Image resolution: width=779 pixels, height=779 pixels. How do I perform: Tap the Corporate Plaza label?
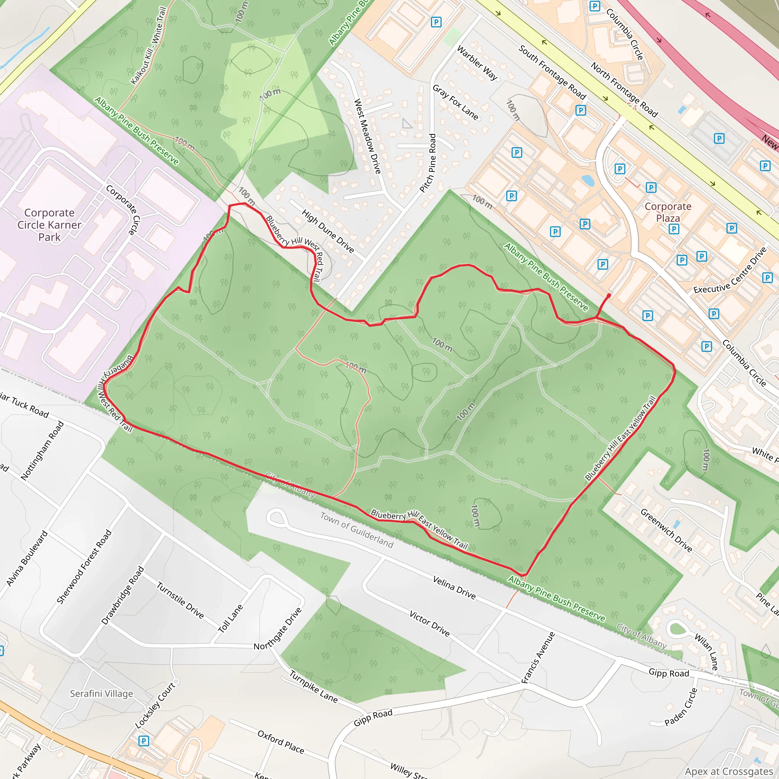click(x=668, y=212)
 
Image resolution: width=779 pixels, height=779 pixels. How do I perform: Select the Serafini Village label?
click(x=101, y=693)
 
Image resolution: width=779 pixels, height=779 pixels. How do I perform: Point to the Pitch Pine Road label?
click(x=428, y=163)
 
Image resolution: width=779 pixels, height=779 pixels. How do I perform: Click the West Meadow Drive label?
click(x=367, y=136)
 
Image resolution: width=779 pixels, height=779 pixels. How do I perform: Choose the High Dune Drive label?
click(x=328, y=231)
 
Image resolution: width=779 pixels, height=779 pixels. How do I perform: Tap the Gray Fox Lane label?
click(x=456, y=102)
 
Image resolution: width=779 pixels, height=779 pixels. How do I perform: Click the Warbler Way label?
click(x=477, y=63)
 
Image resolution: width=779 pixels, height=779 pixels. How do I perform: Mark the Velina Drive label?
click(x=454, y=587)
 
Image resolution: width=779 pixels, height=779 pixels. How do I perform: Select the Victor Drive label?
click(x=429, y=623)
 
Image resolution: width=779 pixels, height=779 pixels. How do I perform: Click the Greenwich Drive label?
click(x=666, y=531)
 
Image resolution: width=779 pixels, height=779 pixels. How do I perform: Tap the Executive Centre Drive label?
click(x=730, y=270)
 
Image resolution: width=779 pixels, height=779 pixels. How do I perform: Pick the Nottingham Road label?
click(x=42, y=450)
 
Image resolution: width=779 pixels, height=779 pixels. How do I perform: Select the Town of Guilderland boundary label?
click(x=357, y=530)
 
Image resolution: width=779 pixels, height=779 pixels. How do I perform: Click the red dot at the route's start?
click(x=609, y=296)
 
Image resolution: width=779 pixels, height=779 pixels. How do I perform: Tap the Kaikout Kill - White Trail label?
click(x=149, y=46)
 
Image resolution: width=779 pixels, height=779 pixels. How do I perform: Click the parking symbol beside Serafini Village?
click(x=143, y=741)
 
